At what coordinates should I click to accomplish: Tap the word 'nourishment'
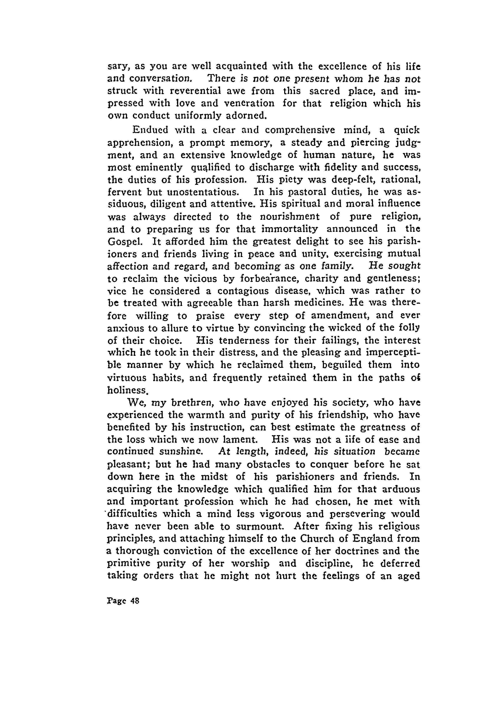click(290, 217)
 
